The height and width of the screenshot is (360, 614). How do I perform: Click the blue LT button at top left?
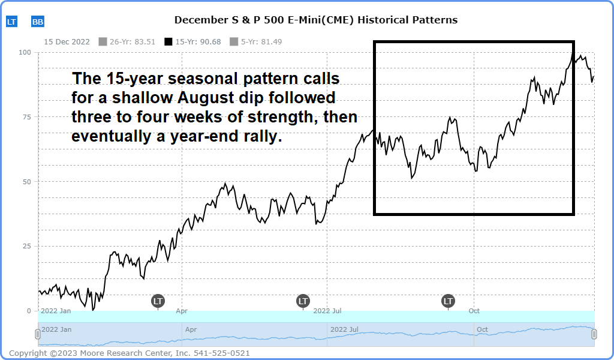(11, 22)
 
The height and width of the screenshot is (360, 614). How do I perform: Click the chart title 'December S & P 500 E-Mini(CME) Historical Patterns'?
(315, 20)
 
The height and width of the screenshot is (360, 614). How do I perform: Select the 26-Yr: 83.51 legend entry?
(127, 41)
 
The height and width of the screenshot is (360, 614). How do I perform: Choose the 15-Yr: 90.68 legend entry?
(192, 41)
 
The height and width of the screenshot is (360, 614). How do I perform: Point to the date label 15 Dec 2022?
(67, 41)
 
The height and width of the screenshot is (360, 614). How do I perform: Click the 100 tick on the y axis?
(25, 52)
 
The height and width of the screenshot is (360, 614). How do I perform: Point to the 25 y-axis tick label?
(26, 246)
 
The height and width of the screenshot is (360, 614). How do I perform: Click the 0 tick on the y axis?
(29, 311)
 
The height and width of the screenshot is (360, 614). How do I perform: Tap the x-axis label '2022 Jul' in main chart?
(327, 311)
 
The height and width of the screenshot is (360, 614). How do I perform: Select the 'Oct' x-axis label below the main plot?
(474, 311)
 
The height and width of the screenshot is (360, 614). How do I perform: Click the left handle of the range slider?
(38, 334)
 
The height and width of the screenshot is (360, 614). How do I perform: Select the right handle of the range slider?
(594, 334)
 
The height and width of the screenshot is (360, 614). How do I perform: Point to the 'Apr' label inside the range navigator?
(191, 329)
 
